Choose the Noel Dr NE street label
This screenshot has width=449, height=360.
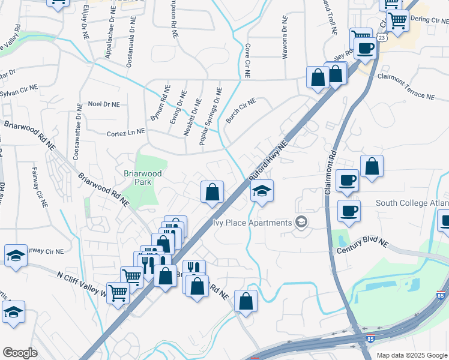coord(103,104)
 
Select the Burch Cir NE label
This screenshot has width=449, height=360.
coord(241,110)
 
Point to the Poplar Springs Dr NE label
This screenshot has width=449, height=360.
coord(211,116)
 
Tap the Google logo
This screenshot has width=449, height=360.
coord(20,352)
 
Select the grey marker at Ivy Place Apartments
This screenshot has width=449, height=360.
coord(301,223)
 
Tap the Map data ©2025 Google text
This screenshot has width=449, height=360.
coord(411,355)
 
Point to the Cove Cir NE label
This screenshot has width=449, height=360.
coord(247,60)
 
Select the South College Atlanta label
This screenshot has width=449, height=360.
coord(412,203)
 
